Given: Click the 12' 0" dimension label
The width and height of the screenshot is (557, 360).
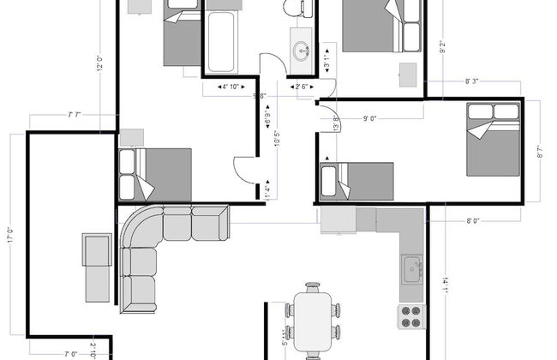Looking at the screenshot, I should click(x=100, y=63).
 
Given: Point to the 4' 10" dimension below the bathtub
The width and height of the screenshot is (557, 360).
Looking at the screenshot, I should click(x=229, y=87).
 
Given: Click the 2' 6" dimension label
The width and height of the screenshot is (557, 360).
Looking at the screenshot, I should click(x=303, y=87).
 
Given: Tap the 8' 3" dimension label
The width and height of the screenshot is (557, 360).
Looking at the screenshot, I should click(x=472, y=81).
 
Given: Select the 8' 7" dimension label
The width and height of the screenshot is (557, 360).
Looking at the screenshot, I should click(x=540, y=152).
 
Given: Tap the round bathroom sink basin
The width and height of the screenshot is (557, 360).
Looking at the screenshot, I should click(x=302, y=48).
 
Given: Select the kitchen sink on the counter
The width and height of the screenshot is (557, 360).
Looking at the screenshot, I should click(x=412, y=268).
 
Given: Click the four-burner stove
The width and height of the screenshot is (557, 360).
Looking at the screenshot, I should click(x=411, y=315).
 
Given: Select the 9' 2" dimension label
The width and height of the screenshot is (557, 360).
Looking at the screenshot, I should click(x=442, y=48).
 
